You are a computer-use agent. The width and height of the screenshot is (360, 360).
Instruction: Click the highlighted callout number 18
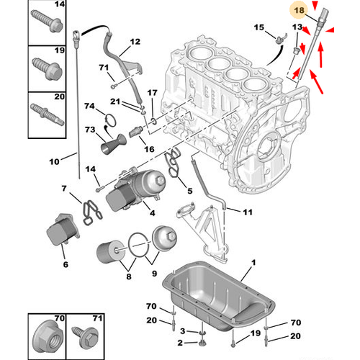[x=299, y=11]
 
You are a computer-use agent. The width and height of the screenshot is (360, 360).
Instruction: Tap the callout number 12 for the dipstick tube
[x=135, y=42]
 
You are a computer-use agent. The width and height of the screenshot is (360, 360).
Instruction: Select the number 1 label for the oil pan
[x=253, y=263]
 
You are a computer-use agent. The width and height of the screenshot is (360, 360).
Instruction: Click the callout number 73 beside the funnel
[x=90, y=130]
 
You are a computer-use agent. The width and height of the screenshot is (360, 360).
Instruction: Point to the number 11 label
[x=248, y=212]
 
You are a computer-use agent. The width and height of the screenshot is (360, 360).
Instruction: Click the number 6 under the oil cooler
[x=66, y=264]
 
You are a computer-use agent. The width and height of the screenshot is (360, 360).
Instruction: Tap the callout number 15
[x=259, y=27]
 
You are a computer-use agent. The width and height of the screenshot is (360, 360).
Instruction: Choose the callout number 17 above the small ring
[x=152, y=93]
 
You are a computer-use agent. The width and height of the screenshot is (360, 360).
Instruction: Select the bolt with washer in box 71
[x=86, y=336]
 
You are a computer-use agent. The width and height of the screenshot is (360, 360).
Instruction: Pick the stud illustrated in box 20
[x=47, y=114]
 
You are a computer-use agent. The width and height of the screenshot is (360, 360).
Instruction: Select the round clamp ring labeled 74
[x=110, y=120]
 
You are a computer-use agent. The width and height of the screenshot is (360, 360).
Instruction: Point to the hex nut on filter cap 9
[x=172, y=236]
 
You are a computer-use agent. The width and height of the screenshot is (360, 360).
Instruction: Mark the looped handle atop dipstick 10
[x=76, y=37]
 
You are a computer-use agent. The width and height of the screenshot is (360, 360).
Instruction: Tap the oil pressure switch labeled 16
[x=136, y=131]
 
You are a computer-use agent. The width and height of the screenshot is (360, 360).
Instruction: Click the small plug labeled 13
[x=297, y=51]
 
